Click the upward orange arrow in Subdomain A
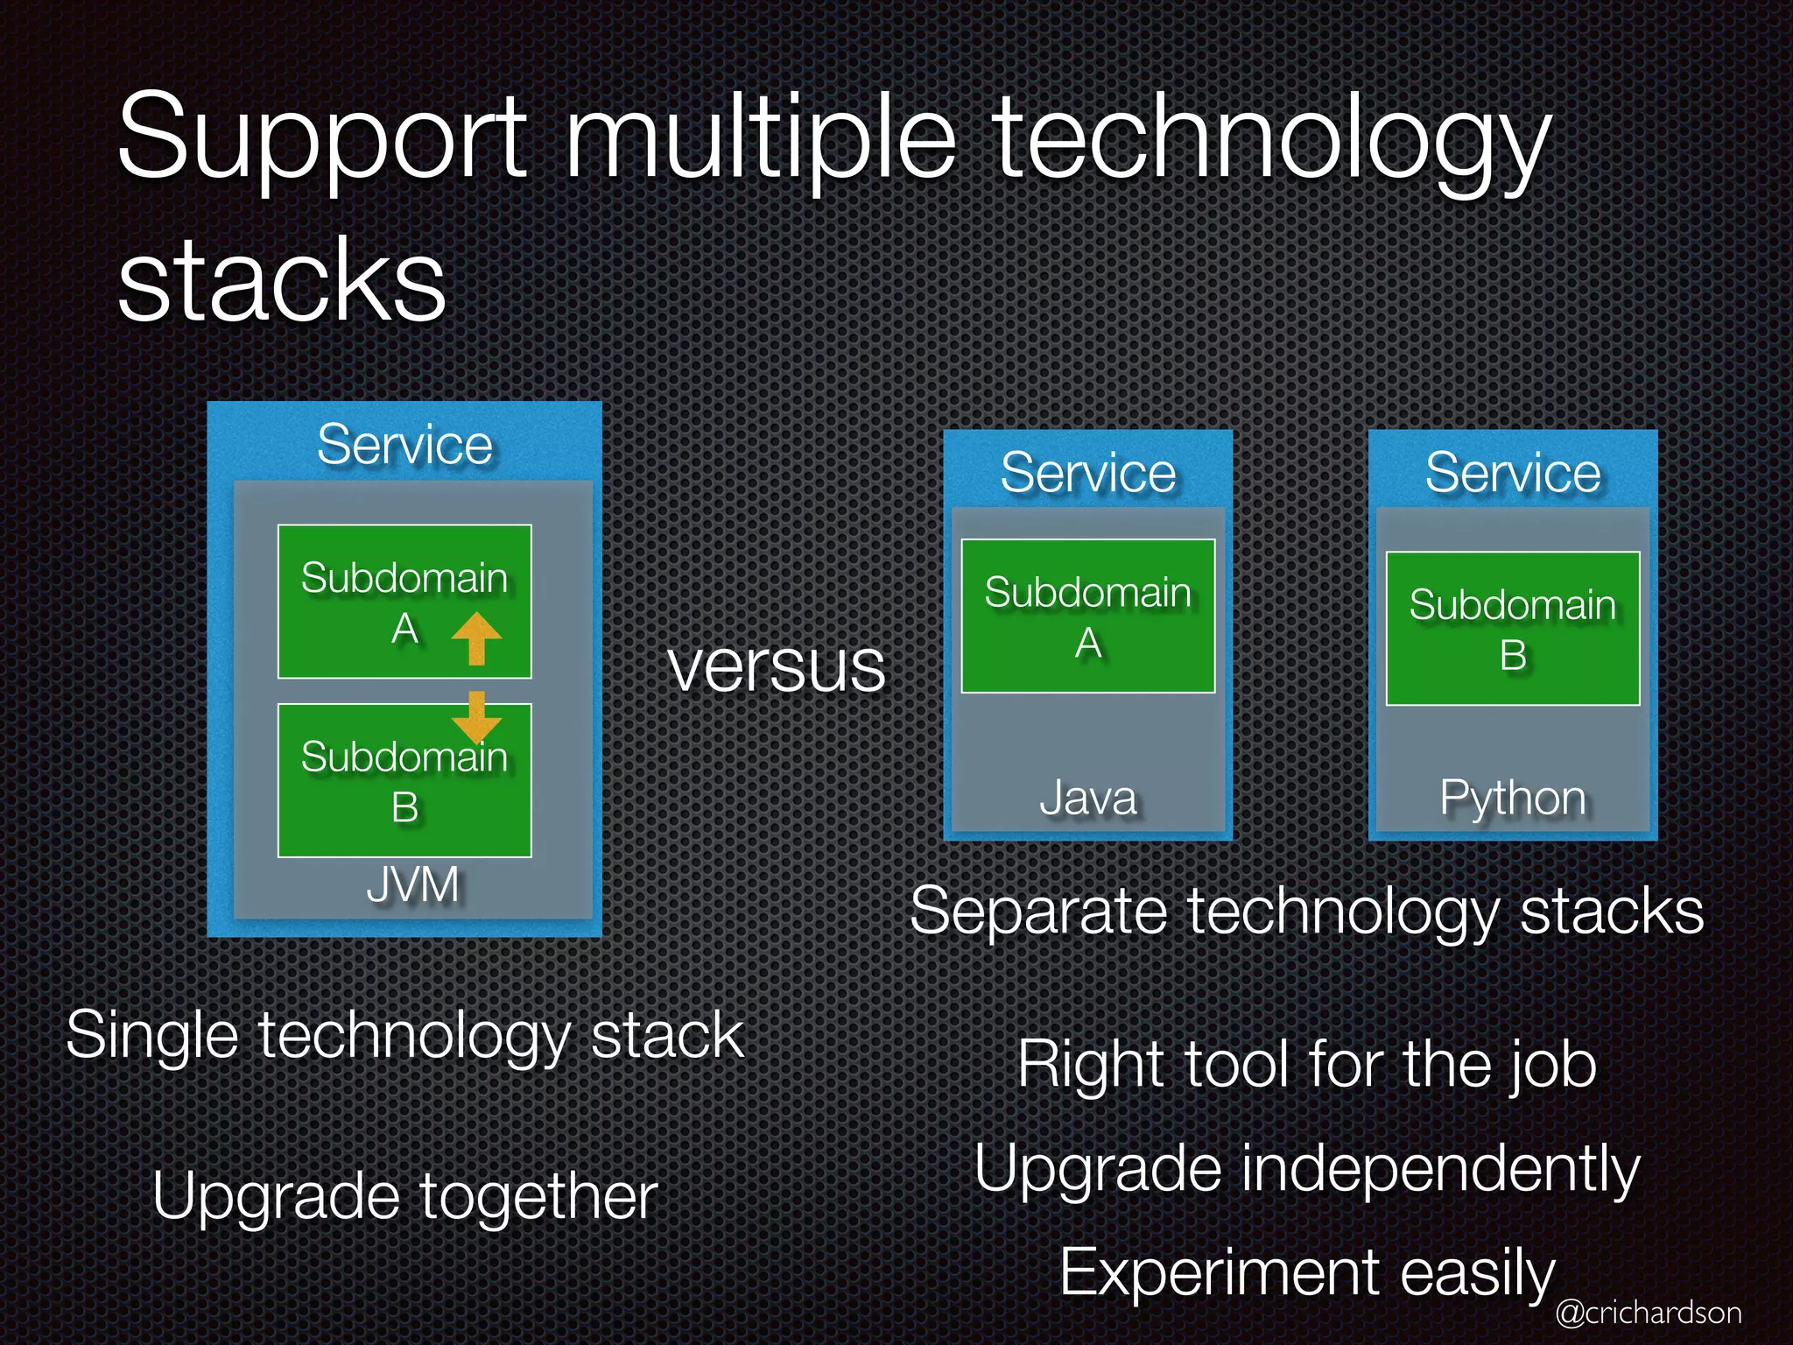pos(476,637)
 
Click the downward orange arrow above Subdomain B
pos(476,716)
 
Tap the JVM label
pos(412,884)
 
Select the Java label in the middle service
pos(1087,798)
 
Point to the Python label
pos(1512,798)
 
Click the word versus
pos(777,667)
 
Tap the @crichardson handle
pos(1648,1313)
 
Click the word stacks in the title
pos(282,280)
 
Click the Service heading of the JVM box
pos(404,445)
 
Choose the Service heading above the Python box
pos(1512,473)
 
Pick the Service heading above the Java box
pos(1087,473)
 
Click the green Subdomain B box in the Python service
pos(1512,629)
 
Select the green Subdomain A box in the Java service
pos(1087,616)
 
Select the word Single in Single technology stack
pos(151,1036)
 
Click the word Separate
pos(1038,912)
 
